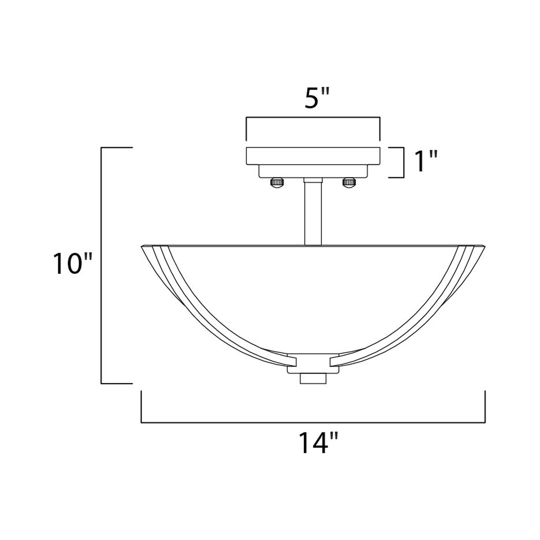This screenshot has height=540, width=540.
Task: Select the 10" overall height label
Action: pyautogui.click(x=72, y=264)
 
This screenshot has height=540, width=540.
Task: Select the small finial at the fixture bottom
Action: pyautogui.click(x=313, y=379)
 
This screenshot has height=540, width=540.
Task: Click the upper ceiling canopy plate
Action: pyautogui.click(x=313, y=156)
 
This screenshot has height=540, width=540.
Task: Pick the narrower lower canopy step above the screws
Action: pyautogui.click(x=313, y=171)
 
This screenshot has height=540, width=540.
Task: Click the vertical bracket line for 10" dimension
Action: pyautogui.click(x=101, y=266)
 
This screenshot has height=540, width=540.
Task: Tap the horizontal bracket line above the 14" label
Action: pyautogui.click(x=313, y=423)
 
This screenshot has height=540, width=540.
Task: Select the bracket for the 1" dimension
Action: pyautogui.click(x=404, y=162)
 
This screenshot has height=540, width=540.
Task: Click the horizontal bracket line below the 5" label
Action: pyautogui.click(x=313, y=117)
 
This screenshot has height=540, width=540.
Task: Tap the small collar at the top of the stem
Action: pyautogui.click(x=313, y=180)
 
